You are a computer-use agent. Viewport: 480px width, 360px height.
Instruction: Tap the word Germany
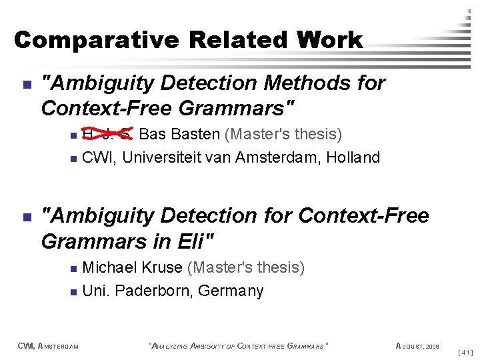coord(233,291)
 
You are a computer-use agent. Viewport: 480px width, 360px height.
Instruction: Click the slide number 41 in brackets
coord(467,351)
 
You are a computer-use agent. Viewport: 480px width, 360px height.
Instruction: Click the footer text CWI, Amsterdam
coord(48,346)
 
